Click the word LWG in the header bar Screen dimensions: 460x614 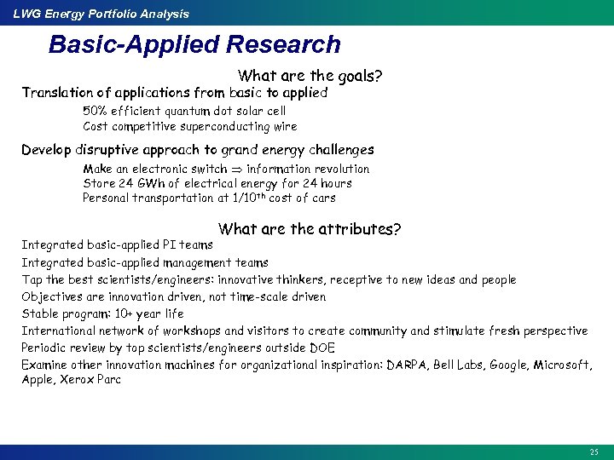coord(26,14)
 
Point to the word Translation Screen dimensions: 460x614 coord(58,93)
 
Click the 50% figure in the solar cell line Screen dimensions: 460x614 coord(94,111)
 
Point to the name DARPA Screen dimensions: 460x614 coord(406,365)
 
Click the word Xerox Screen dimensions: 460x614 coord(75,380)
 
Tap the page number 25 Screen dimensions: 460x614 coord(594,451)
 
